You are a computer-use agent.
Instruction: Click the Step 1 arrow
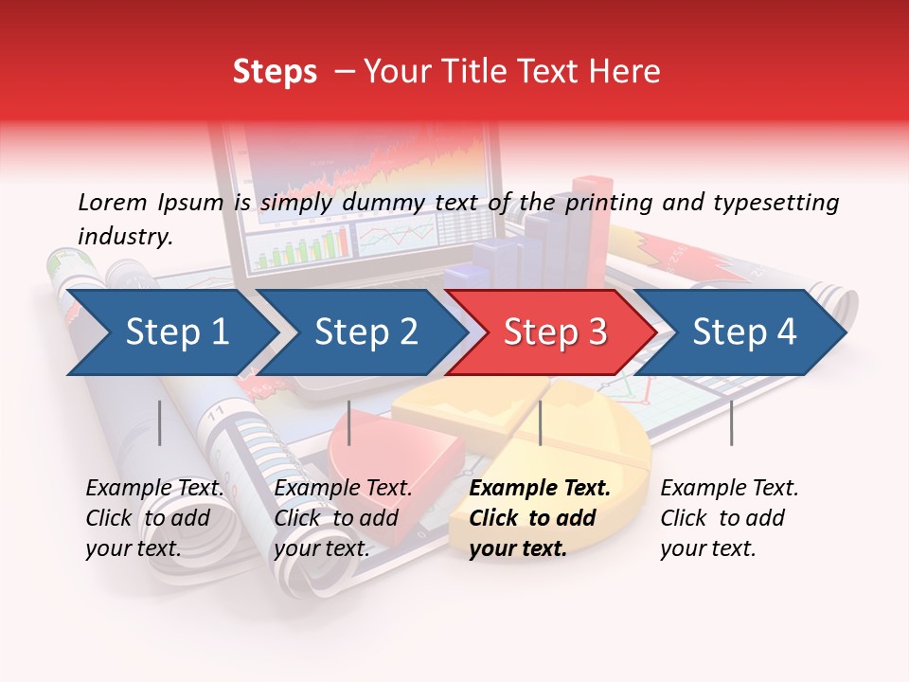point(170,332)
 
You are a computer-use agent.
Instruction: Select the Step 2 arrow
point(365,332)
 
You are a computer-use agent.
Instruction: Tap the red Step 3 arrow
point(554,332)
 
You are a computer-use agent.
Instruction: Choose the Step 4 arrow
point(743,332)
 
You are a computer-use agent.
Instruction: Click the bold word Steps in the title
point(275,72)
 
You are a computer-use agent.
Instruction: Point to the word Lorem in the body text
point(113,202)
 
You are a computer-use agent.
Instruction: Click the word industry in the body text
point(123,237)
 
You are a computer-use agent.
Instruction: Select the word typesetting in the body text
point(775,203)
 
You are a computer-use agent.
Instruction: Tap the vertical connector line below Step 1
point(160,422)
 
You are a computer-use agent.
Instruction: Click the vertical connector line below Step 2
point(349,422)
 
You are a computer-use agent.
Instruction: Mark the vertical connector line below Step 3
point(540,422)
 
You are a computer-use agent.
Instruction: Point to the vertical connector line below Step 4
point(731,422)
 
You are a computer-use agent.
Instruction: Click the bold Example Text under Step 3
point(540,489)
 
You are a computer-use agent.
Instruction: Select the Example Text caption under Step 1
point(154,489)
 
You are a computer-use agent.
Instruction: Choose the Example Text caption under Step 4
point(729,489)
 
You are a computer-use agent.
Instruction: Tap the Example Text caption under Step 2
point(343,489)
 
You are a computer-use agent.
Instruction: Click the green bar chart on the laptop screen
point(298,249)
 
